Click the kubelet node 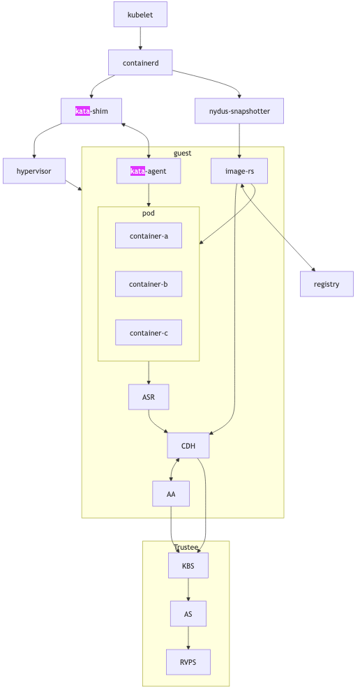coord(140,15)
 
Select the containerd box coord(140,63)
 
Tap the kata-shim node coord(91,111)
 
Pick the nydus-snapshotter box coord(239,111)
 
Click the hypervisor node coord(33,171)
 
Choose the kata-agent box coord(149,171)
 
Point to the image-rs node coord(239,171)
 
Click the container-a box coord(149,236)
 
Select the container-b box coord(149,284)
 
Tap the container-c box coord(149,333)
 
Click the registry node coord(327,284)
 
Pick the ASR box coord(149,397)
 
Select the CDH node coord(188,445)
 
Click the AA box coord(171,493)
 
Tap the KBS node coord(188,565)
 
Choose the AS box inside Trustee coord(188,614)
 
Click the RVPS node coord(188,662)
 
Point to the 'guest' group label coord(182,153)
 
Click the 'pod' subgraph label coord(149,213)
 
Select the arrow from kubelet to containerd coord(140,38)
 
